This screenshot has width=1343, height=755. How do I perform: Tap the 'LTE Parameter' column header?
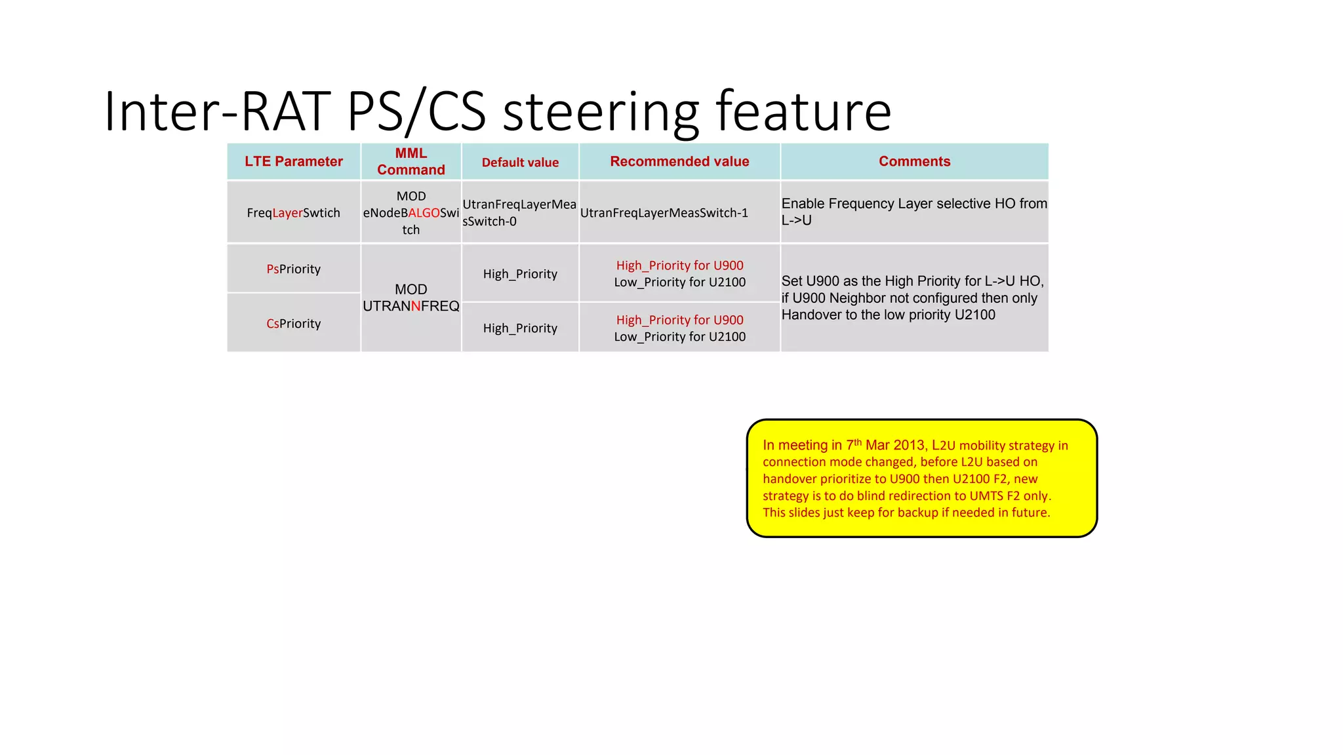click(x=294, y=161)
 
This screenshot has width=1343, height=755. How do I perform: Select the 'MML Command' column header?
click(x=411, y=161)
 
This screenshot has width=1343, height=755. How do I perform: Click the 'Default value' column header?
click(x=520, y=163)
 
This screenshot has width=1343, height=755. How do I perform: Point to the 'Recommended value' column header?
click(x=679, y=161)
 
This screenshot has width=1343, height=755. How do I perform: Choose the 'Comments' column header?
click(x=914, y=161)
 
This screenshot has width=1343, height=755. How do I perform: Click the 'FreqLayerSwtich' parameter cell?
click(x=294, y=213)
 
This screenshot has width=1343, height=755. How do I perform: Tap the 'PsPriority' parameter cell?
click(x=294, y=269)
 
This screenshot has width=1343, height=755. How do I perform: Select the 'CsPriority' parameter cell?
click(x=294, y=324)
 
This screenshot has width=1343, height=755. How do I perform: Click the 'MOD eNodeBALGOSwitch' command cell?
click(x=411, y=213)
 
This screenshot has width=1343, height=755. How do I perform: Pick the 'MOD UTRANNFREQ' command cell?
click(x=411, y=298)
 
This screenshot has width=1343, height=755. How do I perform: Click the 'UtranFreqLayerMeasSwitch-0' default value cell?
click(x=519, y=213)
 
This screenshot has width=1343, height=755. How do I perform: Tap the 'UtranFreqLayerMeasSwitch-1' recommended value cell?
click(x=664, y=213)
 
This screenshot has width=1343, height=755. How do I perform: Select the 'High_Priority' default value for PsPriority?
click(x=520, y=274)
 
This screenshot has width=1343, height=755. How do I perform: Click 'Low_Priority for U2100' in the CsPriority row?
click(x=680, y=337)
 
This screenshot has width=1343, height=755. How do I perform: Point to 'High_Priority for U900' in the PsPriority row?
click(x=680, y=265)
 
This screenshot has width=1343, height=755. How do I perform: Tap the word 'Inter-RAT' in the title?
click(x=217, y=111)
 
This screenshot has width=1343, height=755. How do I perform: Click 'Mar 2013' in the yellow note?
click(x=894, y=446)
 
